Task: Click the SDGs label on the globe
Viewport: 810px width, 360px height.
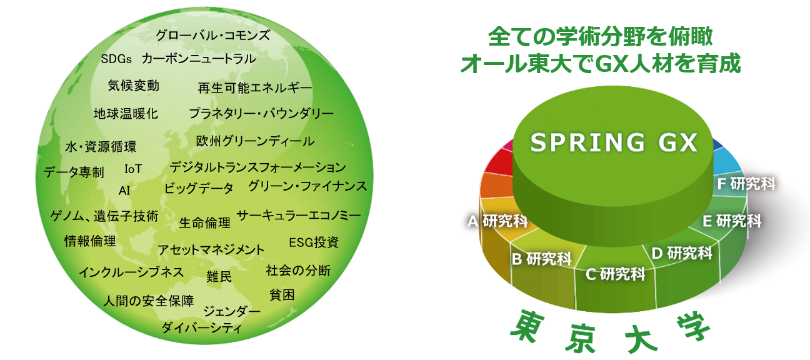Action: tap(116, 59)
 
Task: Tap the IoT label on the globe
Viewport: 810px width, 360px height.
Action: tap(133, 169)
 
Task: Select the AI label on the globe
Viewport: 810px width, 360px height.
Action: tap(124, 191)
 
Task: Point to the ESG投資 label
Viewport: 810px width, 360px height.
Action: tap(314, 242)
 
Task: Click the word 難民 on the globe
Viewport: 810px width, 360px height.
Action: tap(219, 276)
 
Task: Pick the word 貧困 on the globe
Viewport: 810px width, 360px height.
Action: tap(282, 294)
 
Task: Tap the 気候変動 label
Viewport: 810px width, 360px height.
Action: tap(133, 86)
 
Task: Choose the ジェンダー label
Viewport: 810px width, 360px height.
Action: tap(232, 311)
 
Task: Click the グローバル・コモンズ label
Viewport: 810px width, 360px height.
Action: tap(212, 35)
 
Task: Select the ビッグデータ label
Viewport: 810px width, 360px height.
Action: tap(199, 188)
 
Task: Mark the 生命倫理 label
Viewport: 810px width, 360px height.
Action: tap(204, 222)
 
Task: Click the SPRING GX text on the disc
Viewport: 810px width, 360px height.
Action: tap(614, 142)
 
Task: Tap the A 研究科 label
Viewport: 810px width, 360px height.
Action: tap(497, 221)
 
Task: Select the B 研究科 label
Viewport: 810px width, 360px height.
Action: tap(542, 259)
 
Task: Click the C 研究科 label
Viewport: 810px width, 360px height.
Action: tap(616, 274)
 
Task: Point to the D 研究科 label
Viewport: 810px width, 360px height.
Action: tap(682, 253)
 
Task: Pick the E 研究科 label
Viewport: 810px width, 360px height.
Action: tap(732, 221)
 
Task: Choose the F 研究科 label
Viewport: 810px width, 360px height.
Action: tap(746, 184)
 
